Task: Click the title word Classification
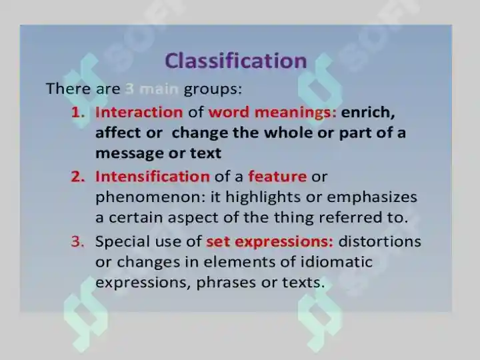pyautogui.click(x=236, y=61)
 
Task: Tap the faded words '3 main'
pyautogui.click(x=152, y=89)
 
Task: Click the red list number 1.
pyautogui.click(x=78, y=113)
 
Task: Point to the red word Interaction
pyautogui.click(x=139, y=112)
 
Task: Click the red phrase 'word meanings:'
pyautogui.click(x=273, y=113)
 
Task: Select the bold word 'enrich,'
pyautogui.click(x=368, y=113)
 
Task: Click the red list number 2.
pyautogui.click(x=78, y=177)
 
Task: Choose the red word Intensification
pyautogui.click(x=153, y=177)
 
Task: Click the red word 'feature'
pyautogui.click(x=277, y=177)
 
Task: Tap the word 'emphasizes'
pyautogui.click(x=372, y=197)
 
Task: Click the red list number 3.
pyautogui.click(x=78, y=241)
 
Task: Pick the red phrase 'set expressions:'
pyautogui.click(x=270, y=242)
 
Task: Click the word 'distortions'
pyautogui.click(x=380, y=241)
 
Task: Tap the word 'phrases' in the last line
pyautogui.click(x=226, y=283)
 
